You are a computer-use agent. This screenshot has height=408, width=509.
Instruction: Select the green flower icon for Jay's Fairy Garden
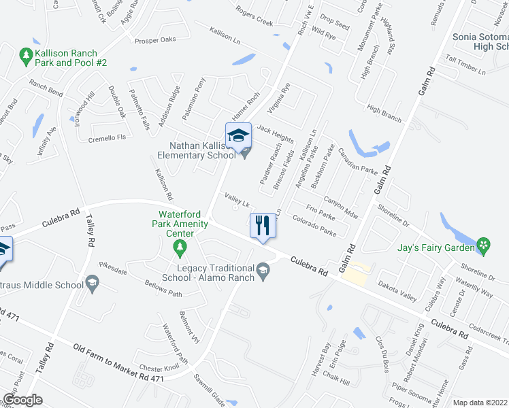pyautogui.click(x=484, y=245)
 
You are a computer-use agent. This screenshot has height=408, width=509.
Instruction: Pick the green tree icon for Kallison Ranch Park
pyautogui.click(x=27, y=53)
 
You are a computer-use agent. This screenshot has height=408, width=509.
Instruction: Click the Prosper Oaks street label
pyautogui.click(x=155, y=39)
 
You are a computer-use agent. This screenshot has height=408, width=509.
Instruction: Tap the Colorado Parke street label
pyautogui.click(x=314, y=226)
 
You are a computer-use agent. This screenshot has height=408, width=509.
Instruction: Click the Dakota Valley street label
pyautogui.click(x=397, y=294)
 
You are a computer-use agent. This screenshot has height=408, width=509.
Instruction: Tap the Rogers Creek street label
pyautogui.click(x=254, y=16)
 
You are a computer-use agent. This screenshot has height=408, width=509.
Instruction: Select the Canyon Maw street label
pyautogui.click(x=340, y=207)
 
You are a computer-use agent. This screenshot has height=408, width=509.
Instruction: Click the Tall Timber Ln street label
pyautogui.click(x=465, y=65)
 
